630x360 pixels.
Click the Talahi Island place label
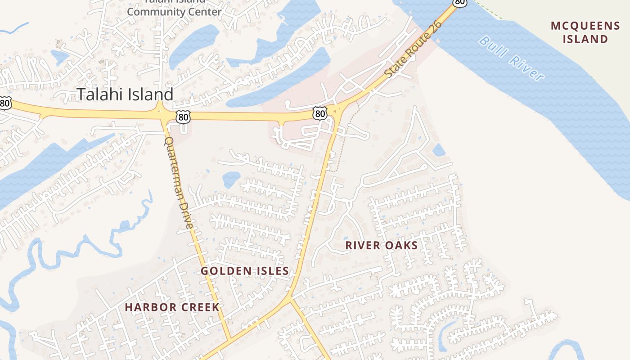click(x=125, y=94)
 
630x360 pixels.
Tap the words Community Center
click(x=174, y=12)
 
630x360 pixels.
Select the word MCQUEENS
click(x=585, y=26)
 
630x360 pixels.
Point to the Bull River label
click(x=511, y=59)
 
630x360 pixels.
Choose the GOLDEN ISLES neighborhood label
click(x=244, y=271)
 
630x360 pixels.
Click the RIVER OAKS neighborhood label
click(x=382, y=245)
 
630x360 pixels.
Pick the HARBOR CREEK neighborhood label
click(x=172, y=307)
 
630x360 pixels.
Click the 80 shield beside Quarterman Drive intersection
click(x=183, y=117)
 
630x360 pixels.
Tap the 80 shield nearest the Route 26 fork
click(x=319, y=113)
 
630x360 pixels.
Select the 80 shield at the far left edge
click(x=4, y=103)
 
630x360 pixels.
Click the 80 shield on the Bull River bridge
click(x=459, y=2)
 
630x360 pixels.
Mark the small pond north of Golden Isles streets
click(x=231, y=180)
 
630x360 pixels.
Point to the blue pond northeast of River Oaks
click(x=438, y=150)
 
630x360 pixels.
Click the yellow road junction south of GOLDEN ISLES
click(x=289, y=298)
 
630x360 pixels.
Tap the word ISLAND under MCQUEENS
click(x=585, y=39)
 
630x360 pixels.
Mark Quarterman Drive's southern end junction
click(x=229, y=338)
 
